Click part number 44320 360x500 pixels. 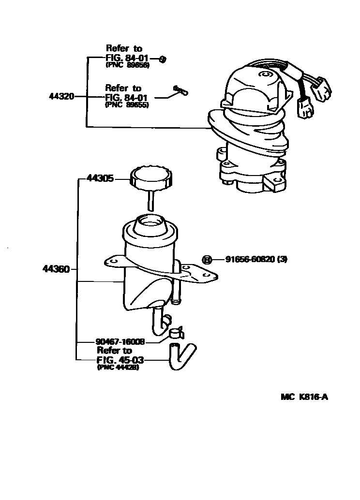[x=61, y=96]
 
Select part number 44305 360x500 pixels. [x=100, y=178]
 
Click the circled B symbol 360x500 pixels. [x=207, y=259]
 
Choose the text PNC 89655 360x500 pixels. [x=127, y=104]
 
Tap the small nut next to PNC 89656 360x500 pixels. [x=163, y=59]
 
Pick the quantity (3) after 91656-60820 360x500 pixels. [x=283, y=259]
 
